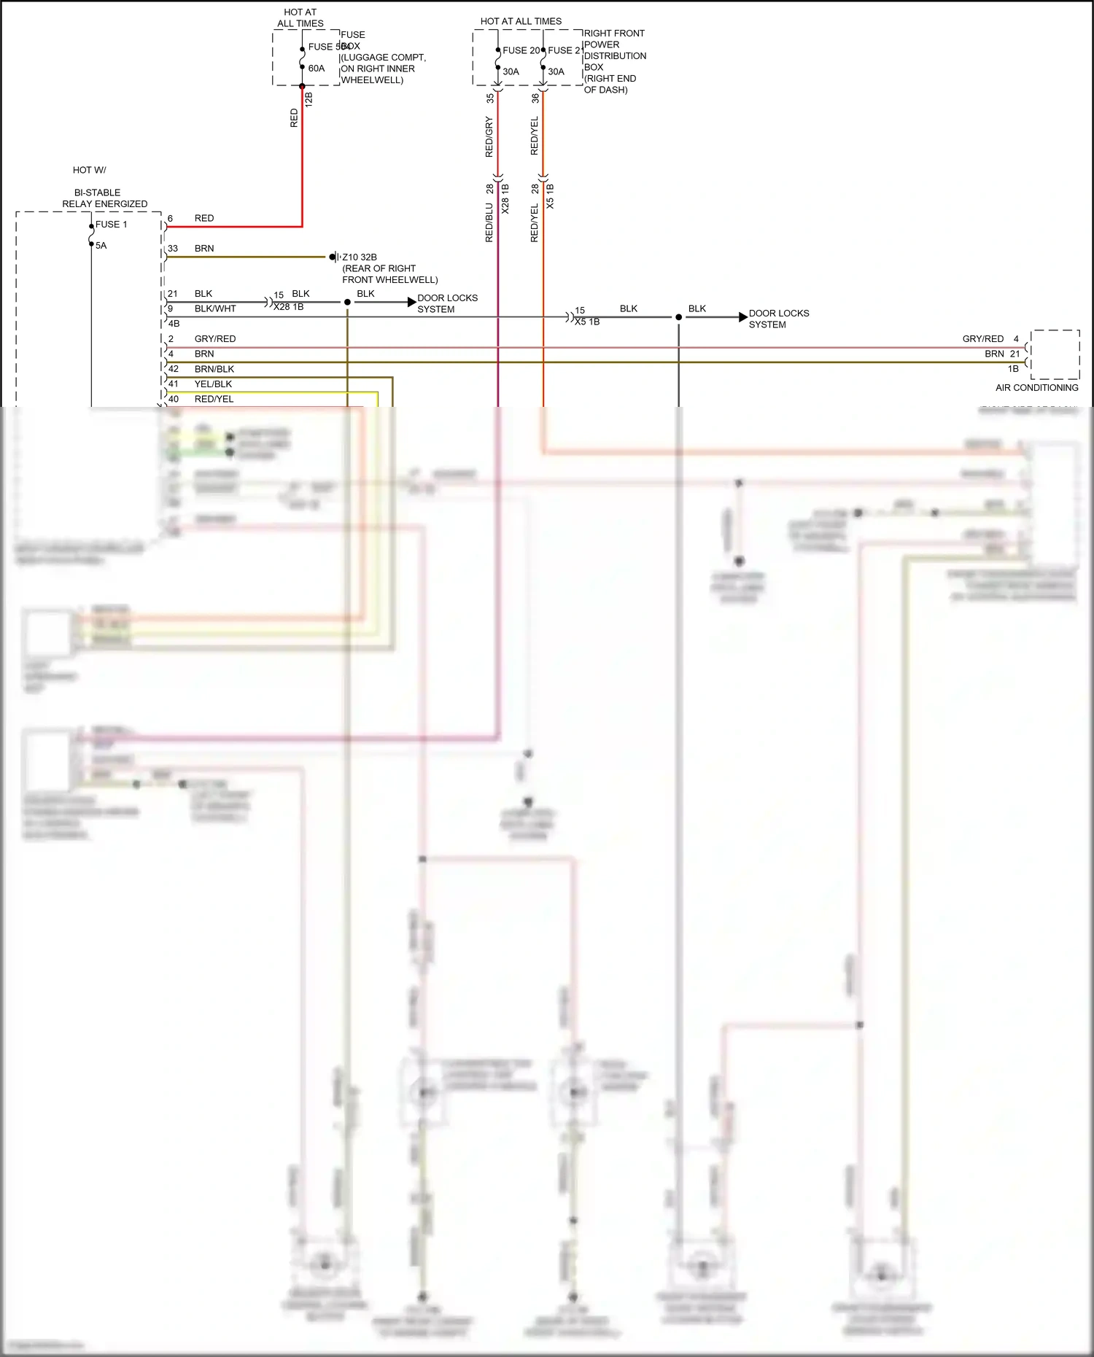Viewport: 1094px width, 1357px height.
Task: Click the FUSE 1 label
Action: [111, 225]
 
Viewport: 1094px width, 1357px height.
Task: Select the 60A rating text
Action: [317, 69]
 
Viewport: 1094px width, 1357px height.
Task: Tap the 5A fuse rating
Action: [101, 246]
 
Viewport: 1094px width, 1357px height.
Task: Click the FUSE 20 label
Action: [521, 50]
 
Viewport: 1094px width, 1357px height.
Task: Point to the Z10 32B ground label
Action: [360, 257]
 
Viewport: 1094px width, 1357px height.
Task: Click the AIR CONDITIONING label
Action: [1036, 388]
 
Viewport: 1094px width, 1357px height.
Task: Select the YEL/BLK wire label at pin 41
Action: [213, 384]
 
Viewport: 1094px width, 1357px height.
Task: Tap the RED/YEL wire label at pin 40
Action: [214, 400]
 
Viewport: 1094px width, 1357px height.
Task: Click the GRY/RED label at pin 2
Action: [214, 339]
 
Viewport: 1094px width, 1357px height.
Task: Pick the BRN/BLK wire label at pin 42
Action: [214, 369]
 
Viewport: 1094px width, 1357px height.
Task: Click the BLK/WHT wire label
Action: [215, 309]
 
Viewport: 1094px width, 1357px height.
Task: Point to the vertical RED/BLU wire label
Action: [489, 222]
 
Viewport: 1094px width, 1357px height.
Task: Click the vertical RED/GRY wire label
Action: [489, 137]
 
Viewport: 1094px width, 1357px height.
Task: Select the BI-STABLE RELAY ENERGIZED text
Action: [104, 198]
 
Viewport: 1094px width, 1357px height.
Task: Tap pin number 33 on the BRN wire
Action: [173, 249]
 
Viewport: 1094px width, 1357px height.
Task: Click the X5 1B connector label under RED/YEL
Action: [550, 197]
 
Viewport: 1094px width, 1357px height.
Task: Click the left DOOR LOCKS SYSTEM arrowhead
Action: [412, 302]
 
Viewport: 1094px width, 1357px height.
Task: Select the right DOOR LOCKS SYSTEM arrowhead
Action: [743, 317]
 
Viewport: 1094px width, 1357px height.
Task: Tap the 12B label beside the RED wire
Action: [309, 100]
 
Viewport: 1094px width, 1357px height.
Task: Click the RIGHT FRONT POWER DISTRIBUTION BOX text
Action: [614, 61]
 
